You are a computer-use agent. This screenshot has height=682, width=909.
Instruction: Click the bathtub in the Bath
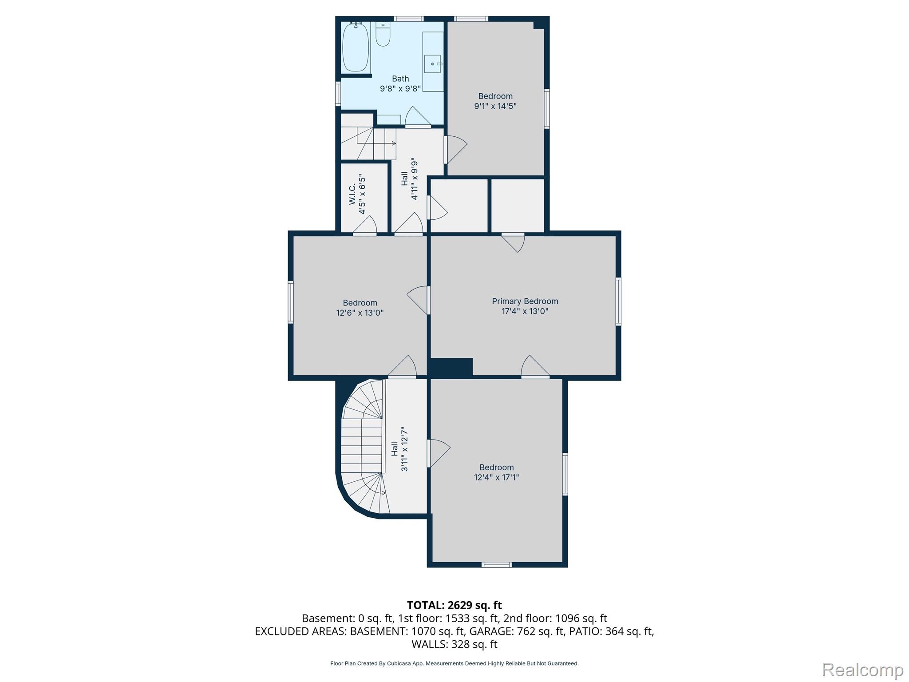coord(356,47)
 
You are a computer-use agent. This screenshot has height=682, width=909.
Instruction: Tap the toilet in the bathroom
coord(383,34)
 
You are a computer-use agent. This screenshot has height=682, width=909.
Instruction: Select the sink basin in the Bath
coord(432,64)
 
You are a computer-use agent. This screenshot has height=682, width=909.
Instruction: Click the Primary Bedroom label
coord(525,301)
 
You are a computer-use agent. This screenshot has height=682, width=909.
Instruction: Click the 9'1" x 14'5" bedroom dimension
coord(495,106)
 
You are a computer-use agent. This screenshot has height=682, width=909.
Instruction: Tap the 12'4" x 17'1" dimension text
coord(496,477)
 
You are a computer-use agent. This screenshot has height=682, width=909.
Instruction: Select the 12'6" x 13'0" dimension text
coord(360,313)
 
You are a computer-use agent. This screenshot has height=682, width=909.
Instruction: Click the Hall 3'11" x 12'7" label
coord(399,449)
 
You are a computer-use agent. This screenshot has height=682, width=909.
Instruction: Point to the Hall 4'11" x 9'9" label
coord(409,178)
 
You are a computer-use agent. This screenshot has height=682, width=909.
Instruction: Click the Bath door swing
coord(418,116)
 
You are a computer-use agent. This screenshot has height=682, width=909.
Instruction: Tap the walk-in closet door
coord(365,225)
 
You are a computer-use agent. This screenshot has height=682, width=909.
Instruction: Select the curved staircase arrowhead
coord(383,493)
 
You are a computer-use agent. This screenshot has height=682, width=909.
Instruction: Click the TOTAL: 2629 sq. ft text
coord(454,605)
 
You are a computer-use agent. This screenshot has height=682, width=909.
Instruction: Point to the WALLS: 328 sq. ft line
coord(454,644)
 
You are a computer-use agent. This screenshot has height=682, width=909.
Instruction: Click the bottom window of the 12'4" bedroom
coord(497,565)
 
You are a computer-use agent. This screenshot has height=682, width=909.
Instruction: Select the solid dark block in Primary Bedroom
coord(450,368)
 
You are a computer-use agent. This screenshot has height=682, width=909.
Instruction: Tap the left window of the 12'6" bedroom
coord(291,301)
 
